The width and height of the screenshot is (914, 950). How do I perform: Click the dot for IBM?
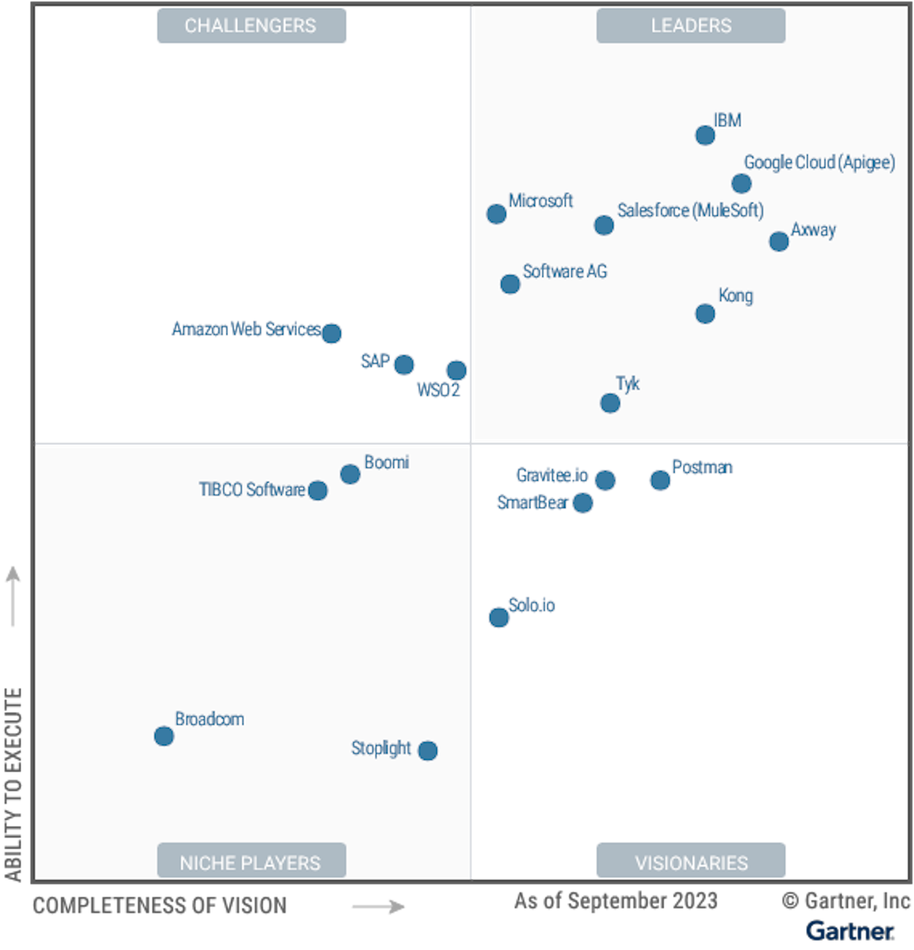click(x=705, y=135)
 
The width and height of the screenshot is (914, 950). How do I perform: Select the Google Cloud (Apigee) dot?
click(x=741, y=184)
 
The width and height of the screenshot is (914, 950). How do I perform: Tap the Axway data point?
click(x=778, y=242)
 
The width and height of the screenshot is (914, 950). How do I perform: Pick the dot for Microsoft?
click(x=496, y=214)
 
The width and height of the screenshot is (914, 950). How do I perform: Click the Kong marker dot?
click(x=705, y=313)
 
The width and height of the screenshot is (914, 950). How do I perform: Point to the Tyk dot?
click(x=610, y=403)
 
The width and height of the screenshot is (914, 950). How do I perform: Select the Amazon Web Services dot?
click(x=331, y=334)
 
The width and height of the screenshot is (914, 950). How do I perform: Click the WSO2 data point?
click(x=456, y=370)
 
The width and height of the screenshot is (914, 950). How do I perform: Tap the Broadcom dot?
click(x=164, y=736)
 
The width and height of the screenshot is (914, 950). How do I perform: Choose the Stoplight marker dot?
click(x=427, y=750)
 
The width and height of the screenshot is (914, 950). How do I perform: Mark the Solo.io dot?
click(x=498, y=617)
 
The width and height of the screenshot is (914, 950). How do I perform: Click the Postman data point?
click(x=660, y=480)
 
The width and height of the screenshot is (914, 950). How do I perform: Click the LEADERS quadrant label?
click(x=691, y=26)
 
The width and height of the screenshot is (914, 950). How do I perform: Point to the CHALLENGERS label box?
click(x=251, y=26)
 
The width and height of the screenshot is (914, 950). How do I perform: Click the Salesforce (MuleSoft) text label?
click(x=690, y=211)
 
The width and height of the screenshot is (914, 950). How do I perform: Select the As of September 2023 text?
click(x=615, y=900)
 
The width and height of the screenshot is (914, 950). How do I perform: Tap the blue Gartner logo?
click(x=850, y=930)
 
